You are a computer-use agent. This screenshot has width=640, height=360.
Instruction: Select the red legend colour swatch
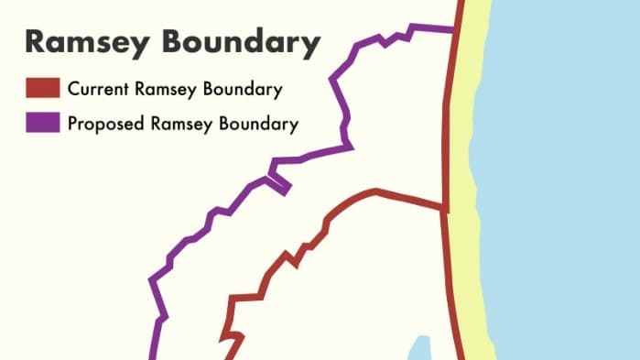(42, 89)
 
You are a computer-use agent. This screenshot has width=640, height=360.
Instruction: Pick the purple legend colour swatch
(42, 123)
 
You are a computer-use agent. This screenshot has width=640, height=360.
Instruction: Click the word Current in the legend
(97, 90)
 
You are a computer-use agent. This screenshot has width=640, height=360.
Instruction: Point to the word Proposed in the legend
(103, 124)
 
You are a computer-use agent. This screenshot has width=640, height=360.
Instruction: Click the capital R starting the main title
(36, 43)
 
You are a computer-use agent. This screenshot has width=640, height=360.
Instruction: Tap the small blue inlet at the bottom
(418, 348)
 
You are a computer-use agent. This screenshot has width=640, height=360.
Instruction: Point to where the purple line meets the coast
(455, 30)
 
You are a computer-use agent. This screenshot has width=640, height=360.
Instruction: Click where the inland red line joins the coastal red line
(445, 208)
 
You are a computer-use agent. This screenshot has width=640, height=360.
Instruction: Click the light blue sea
(559, 183)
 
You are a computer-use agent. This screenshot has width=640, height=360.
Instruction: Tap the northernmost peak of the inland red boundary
(375, 191)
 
